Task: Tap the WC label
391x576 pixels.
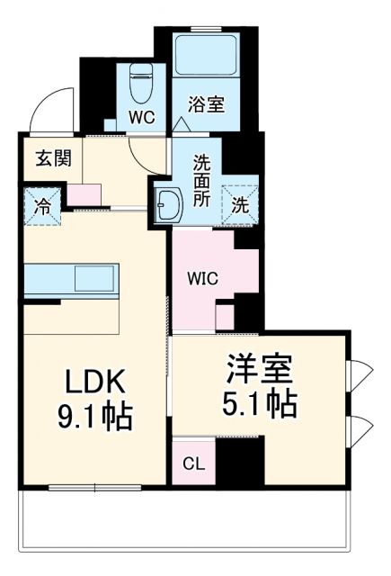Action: coord(141,118)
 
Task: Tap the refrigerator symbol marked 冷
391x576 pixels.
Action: coord(41,204)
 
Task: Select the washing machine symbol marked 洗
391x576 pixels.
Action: coord(242,203)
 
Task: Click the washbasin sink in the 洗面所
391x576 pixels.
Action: coord(168,204)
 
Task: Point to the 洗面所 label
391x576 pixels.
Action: coord(203,179)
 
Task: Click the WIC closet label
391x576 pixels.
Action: coord(202,279)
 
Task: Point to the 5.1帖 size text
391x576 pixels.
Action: coord(259,403)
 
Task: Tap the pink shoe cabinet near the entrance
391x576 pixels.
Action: coord(84,193)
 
